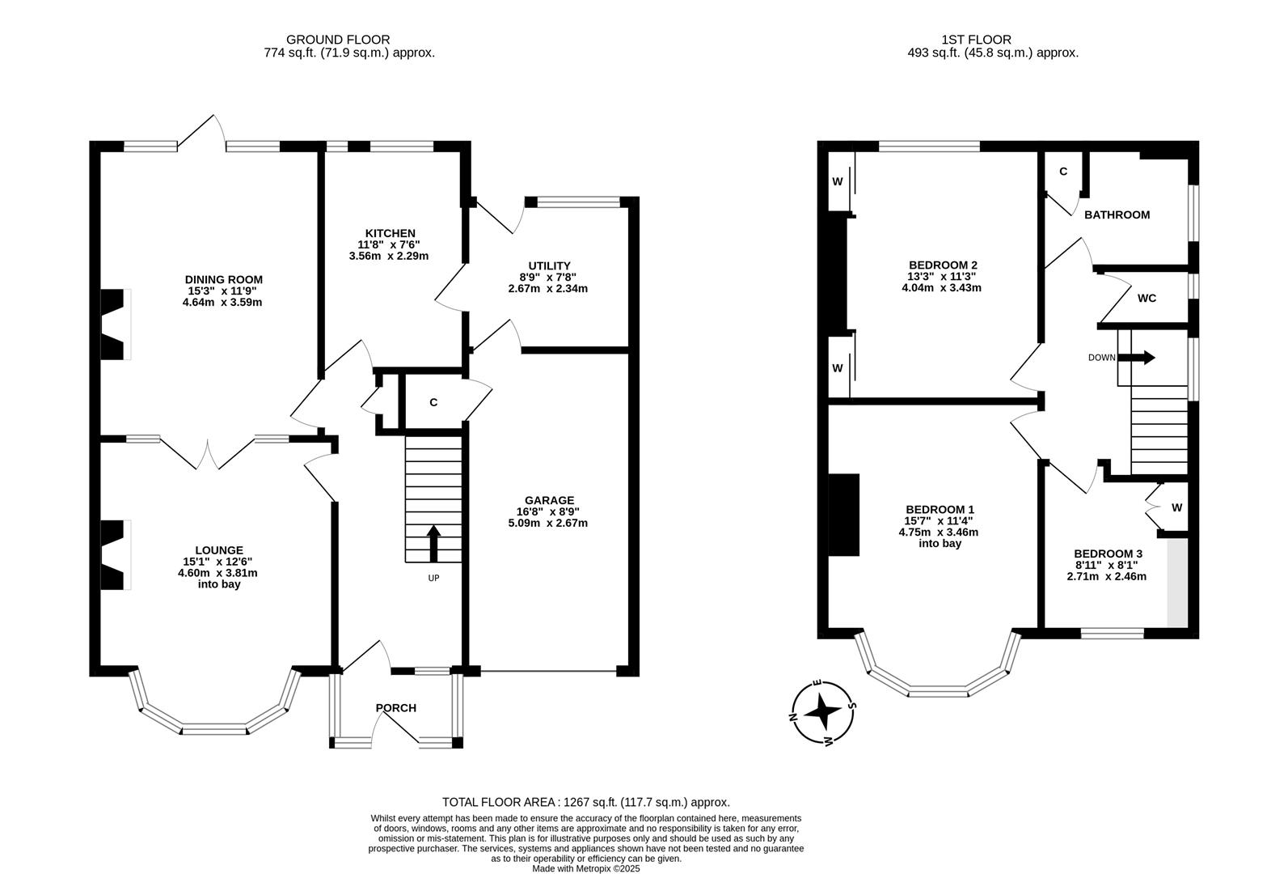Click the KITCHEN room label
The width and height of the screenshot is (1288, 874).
pyautogui.click(x=390, y=233)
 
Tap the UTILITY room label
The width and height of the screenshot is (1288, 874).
pyautogui.click(x=549, y=265)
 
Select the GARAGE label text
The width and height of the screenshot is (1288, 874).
pyautogui.click(x=549, y=501)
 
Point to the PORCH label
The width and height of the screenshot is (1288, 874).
pyautogui.click(x=396, y=708)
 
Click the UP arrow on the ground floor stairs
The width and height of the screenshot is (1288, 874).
pyautogui.click(x=433, y=543)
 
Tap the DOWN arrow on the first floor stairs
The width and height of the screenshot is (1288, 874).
pyautogui.click(x=1136, y=358)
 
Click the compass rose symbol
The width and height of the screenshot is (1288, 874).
pyautogui.click(x=822, y=712)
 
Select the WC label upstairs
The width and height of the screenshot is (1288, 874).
pyautogui.click(x=1147, y=298)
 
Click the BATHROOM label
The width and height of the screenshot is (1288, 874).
pyautogui.click(x=1117, y=214)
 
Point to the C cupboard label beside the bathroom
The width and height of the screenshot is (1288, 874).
pyautogui.click(x=1063, y=172)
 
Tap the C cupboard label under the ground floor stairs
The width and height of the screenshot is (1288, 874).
pyautogui.click(x=433, y=402)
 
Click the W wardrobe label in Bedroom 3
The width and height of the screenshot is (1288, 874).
pyautogui.click(x=1177, y=507)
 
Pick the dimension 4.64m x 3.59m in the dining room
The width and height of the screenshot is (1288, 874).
pyautogui.click(x=222, y=302)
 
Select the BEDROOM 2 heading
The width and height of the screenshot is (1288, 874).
pyautogui.click(x=943, y=265)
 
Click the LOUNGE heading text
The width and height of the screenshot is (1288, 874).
pyautogui.click(x=219, y=550)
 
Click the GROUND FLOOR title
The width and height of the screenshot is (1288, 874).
pyautogui.click(x=338, y=40)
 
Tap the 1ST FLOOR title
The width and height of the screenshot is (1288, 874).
pyautogui.click(x=977, y=40)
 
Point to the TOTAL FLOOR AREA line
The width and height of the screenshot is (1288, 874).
pyautogui.click(x=586, y=802)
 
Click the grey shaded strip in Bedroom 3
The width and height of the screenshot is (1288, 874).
pyautogui.click(x=1177, y=583)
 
